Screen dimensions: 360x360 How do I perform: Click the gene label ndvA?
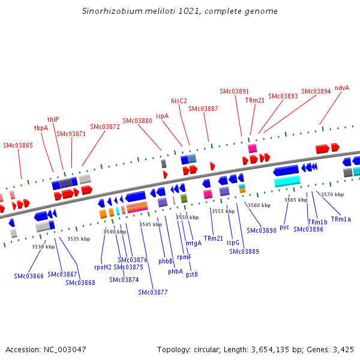pyautogui.click(x=342, y=88)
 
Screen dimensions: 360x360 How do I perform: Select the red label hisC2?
pyautogui.click(x=179, y=101)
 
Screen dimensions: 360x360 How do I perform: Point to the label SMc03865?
pyautogui.click(x=18, y=145)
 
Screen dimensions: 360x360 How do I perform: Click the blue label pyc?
pyautogui.click(x=284, y=227)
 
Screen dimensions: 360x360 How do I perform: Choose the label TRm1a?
pyautogui.click(x=341, y=219)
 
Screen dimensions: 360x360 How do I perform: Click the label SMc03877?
pyautogui.click(x=153, y=292)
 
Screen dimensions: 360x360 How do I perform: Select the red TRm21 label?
pyautogui.click(x=254, y=100)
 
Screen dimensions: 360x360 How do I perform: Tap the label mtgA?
pyautogui.click(x=194, y=243)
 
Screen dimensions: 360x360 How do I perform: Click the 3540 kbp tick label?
pyautogui.click(x=114, y=232)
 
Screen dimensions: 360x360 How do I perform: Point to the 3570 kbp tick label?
pyautogui.click(x=332, y=194)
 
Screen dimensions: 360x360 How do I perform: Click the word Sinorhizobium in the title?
pyautogui.click(x=109, y=11)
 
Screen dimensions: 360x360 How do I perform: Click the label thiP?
pyautogui.click(x=53, y=119)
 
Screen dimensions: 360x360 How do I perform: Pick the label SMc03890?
pyautogui.click(x=261, y=230)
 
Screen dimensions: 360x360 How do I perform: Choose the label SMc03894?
pyautogui.click(x=316, y=91)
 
